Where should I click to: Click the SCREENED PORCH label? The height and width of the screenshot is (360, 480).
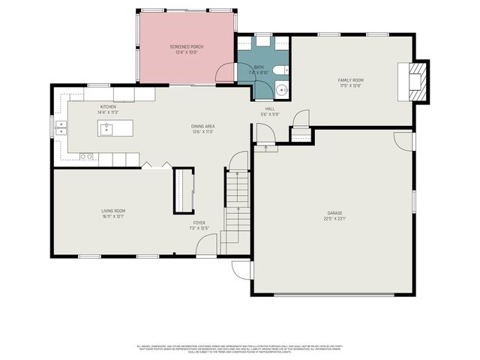click(x=186, y=46)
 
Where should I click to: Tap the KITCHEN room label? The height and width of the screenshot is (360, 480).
click(x=108, y=107)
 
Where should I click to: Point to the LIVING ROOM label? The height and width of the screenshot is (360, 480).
click(x=113, y=211)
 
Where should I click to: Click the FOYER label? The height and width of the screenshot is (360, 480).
click(x=199, y=223)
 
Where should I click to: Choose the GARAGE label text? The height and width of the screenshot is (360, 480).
click(x=334, y=213)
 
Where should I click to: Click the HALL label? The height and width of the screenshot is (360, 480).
click(x=269, y=109)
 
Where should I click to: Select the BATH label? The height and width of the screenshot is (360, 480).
click(x=259, y=67)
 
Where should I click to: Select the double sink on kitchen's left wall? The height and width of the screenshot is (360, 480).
click(x=59, y=128)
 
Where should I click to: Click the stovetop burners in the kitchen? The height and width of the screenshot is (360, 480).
click(x=86, y=157)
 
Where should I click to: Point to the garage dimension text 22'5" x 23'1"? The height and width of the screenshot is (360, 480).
click(x=334, y=219)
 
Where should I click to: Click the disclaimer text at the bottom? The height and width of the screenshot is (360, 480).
click(x=240, y=349)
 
